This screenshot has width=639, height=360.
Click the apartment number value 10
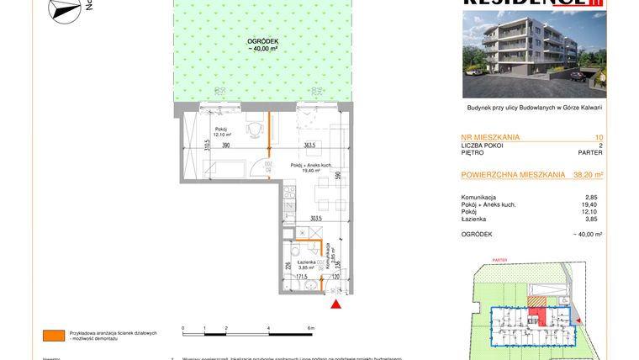pos(598,136)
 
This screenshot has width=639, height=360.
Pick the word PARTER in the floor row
pos(590,153)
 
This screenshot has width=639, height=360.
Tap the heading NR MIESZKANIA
pos(491,136)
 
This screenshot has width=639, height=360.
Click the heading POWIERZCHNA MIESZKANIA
pos(513,175)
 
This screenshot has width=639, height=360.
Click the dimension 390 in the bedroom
pos(225,146)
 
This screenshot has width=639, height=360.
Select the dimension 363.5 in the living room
pos(309,145)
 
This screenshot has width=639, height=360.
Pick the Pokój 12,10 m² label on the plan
pos(222,131)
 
